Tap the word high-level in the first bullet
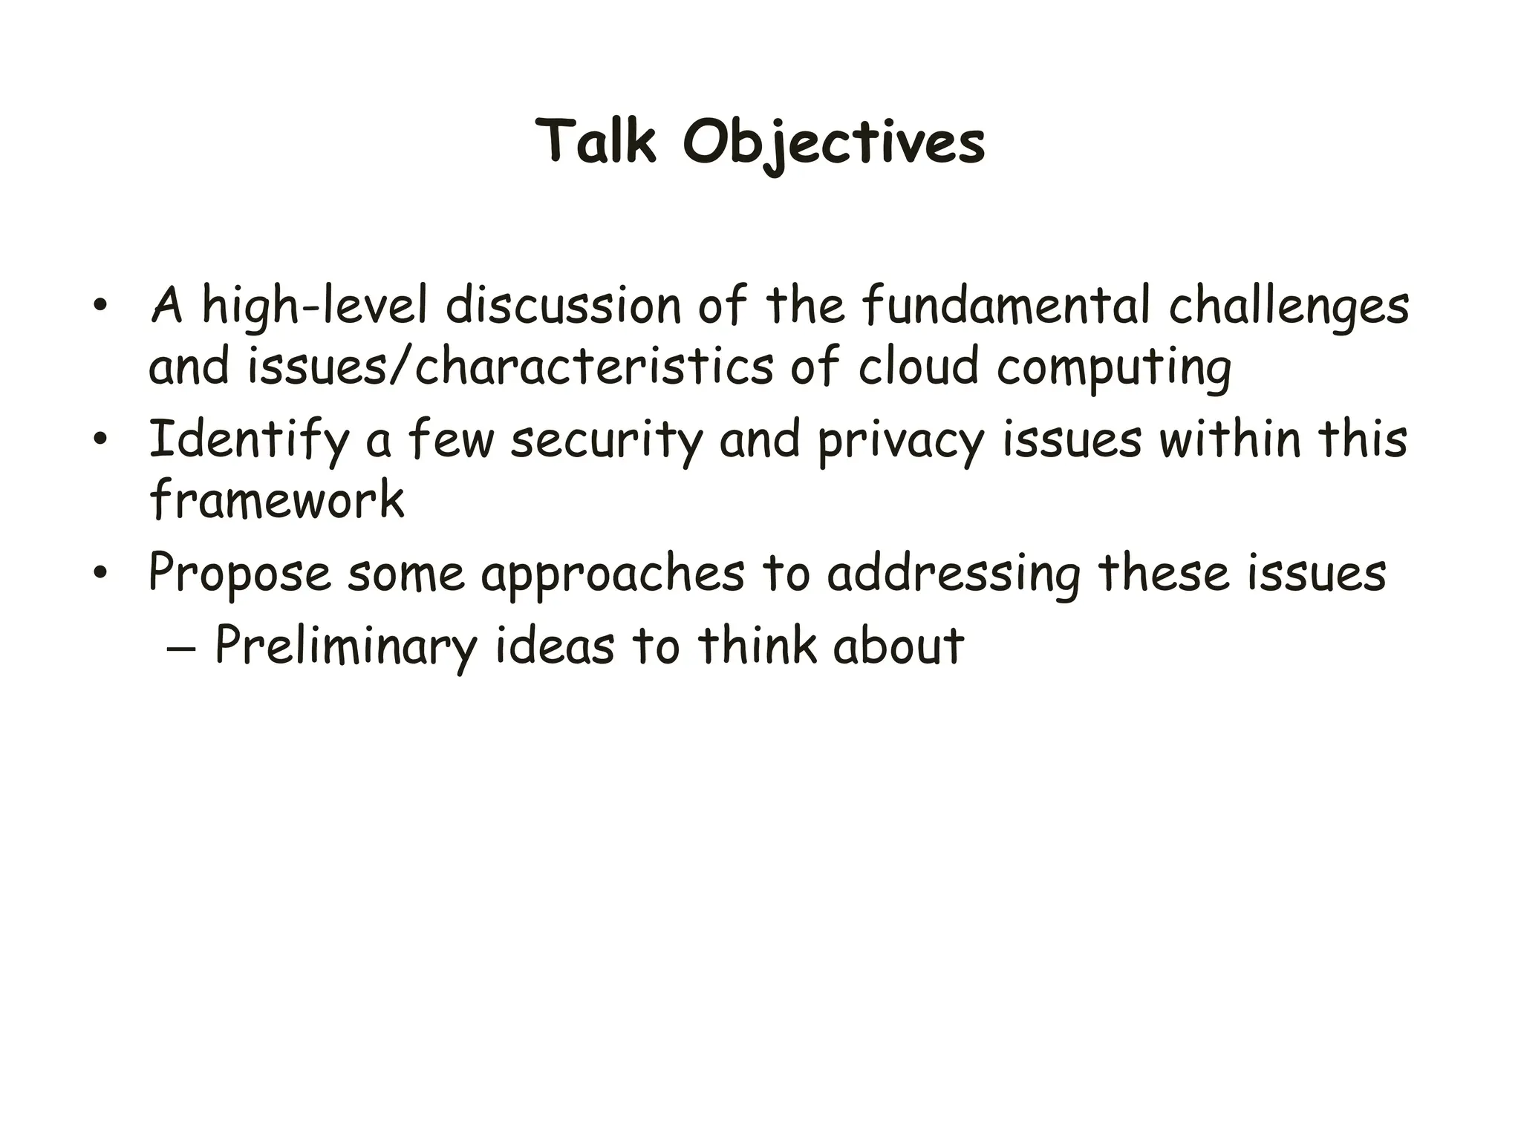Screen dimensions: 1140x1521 click(x=315, y=306)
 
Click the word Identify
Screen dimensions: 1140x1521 click(x=249, y=440)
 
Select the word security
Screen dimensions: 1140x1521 click(x=607, y=440)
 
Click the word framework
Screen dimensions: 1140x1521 click(x=276, y=499)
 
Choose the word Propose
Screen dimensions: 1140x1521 click(x=239, y=573)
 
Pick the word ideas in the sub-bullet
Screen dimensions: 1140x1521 click(x=554, y=646)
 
